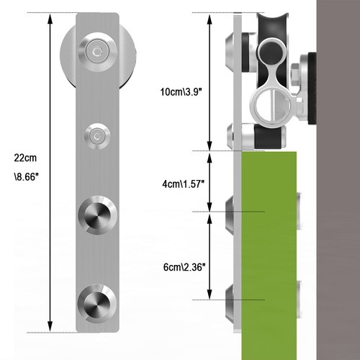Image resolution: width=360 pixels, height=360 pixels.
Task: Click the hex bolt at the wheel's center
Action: click(96, 51)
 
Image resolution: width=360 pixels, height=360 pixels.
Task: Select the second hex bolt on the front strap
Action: click(96, 134)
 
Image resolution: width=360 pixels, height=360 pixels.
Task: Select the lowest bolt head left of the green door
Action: click(228, 300)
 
